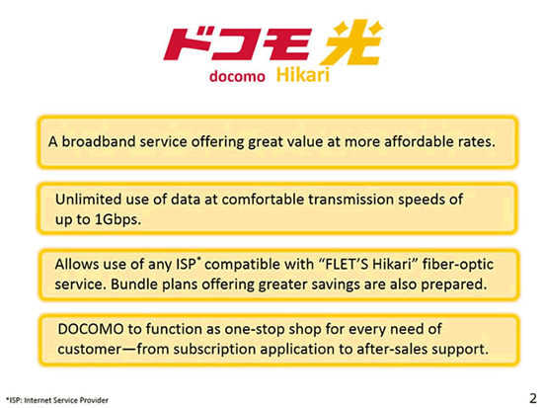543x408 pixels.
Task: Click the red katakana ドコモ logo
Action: pyautogui.click(x=237, y=44)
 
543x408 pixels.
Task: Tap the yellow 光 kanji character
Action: pyautogui.click(x=351, y=42)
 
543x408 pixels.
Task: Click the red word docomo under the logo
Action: pyautogui.click(x=237, y=76)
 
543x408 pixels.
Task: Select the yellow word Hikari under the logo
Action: pyautogui.click(x=303, y=75)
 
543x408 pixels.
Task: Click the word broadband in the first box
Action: pyautogui.click(x=99, y=141)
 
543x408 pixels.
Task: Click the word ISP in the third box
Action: pyautogui.click(x=186, y=264)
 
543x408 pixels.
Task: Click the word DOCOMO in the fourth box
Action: pyautogui.click(x=91, y=329)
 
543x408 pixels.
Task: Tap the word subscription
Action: pyautogui.click(x=214, y=350)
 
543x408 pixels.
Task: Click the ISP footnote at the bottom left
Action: pyautogui.click(x=57, y=400)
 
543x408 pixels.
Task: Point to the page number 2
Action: pyautogui.click(x=533, y=398)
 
